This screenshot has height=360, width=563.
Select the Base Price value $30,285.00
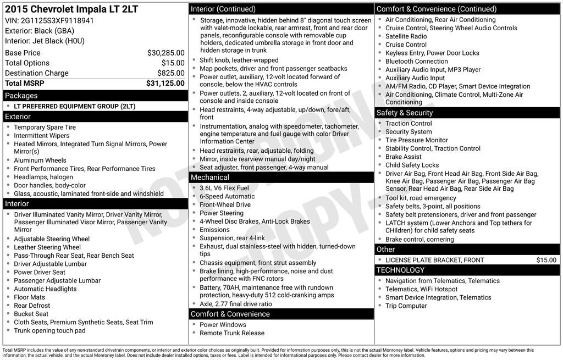(x=165, y=53)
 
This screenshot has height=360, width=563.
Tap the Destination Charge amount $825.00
(x=170, y=73)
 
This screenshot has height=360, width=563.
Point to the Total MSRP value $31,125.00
(x=165, y=84)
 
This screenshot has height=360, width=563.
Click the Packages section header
(x=21, y=96)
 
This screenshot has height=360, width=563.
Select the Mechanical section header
(x=209, y=178)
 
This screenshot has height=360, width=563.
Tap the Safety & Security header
(x=405, y=113)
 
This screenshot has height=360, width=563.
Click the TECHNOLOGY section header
(x=401, y=270)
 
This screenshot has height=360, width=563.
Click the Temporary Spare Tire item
(x=45, y=128)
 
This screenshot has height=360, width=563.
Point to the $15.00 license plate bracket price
(x=546, y=260)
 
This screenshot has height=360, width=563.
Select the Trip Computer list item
(x=406, y=306)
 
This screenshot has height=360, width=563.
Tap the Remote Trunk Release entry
(x=232, y=333)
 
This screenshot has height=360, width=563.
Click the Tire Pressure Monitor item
(x=417, y=140)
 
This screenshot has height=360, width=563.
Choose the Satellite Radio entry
(x=406, y=36)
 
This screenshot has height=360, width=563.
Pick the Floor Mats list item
(x=30, y=297)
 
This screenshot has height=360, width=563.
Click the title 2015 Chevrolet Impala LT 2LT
(x=71, y=9)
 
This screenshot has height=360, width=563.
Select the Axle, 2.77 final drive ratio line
(x=236, y=304)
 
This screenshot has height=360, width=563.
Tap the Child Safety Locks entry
(x=412, y=165)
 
